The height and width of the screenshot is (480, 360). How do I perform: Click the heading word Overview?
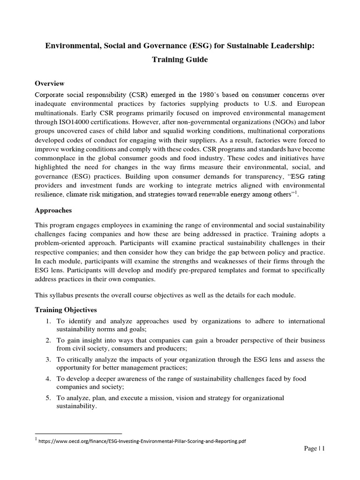point(50,83)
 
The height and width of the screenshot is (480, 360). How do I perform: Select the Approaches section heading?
point(54,210)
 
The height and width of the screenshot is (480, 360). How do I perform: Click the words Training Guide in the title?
point(180,60)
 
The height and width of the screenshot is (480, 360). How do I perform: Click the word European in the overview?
point(308,104)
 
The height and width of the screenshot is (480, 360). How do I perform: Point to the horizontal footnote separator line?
point(78,433)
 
